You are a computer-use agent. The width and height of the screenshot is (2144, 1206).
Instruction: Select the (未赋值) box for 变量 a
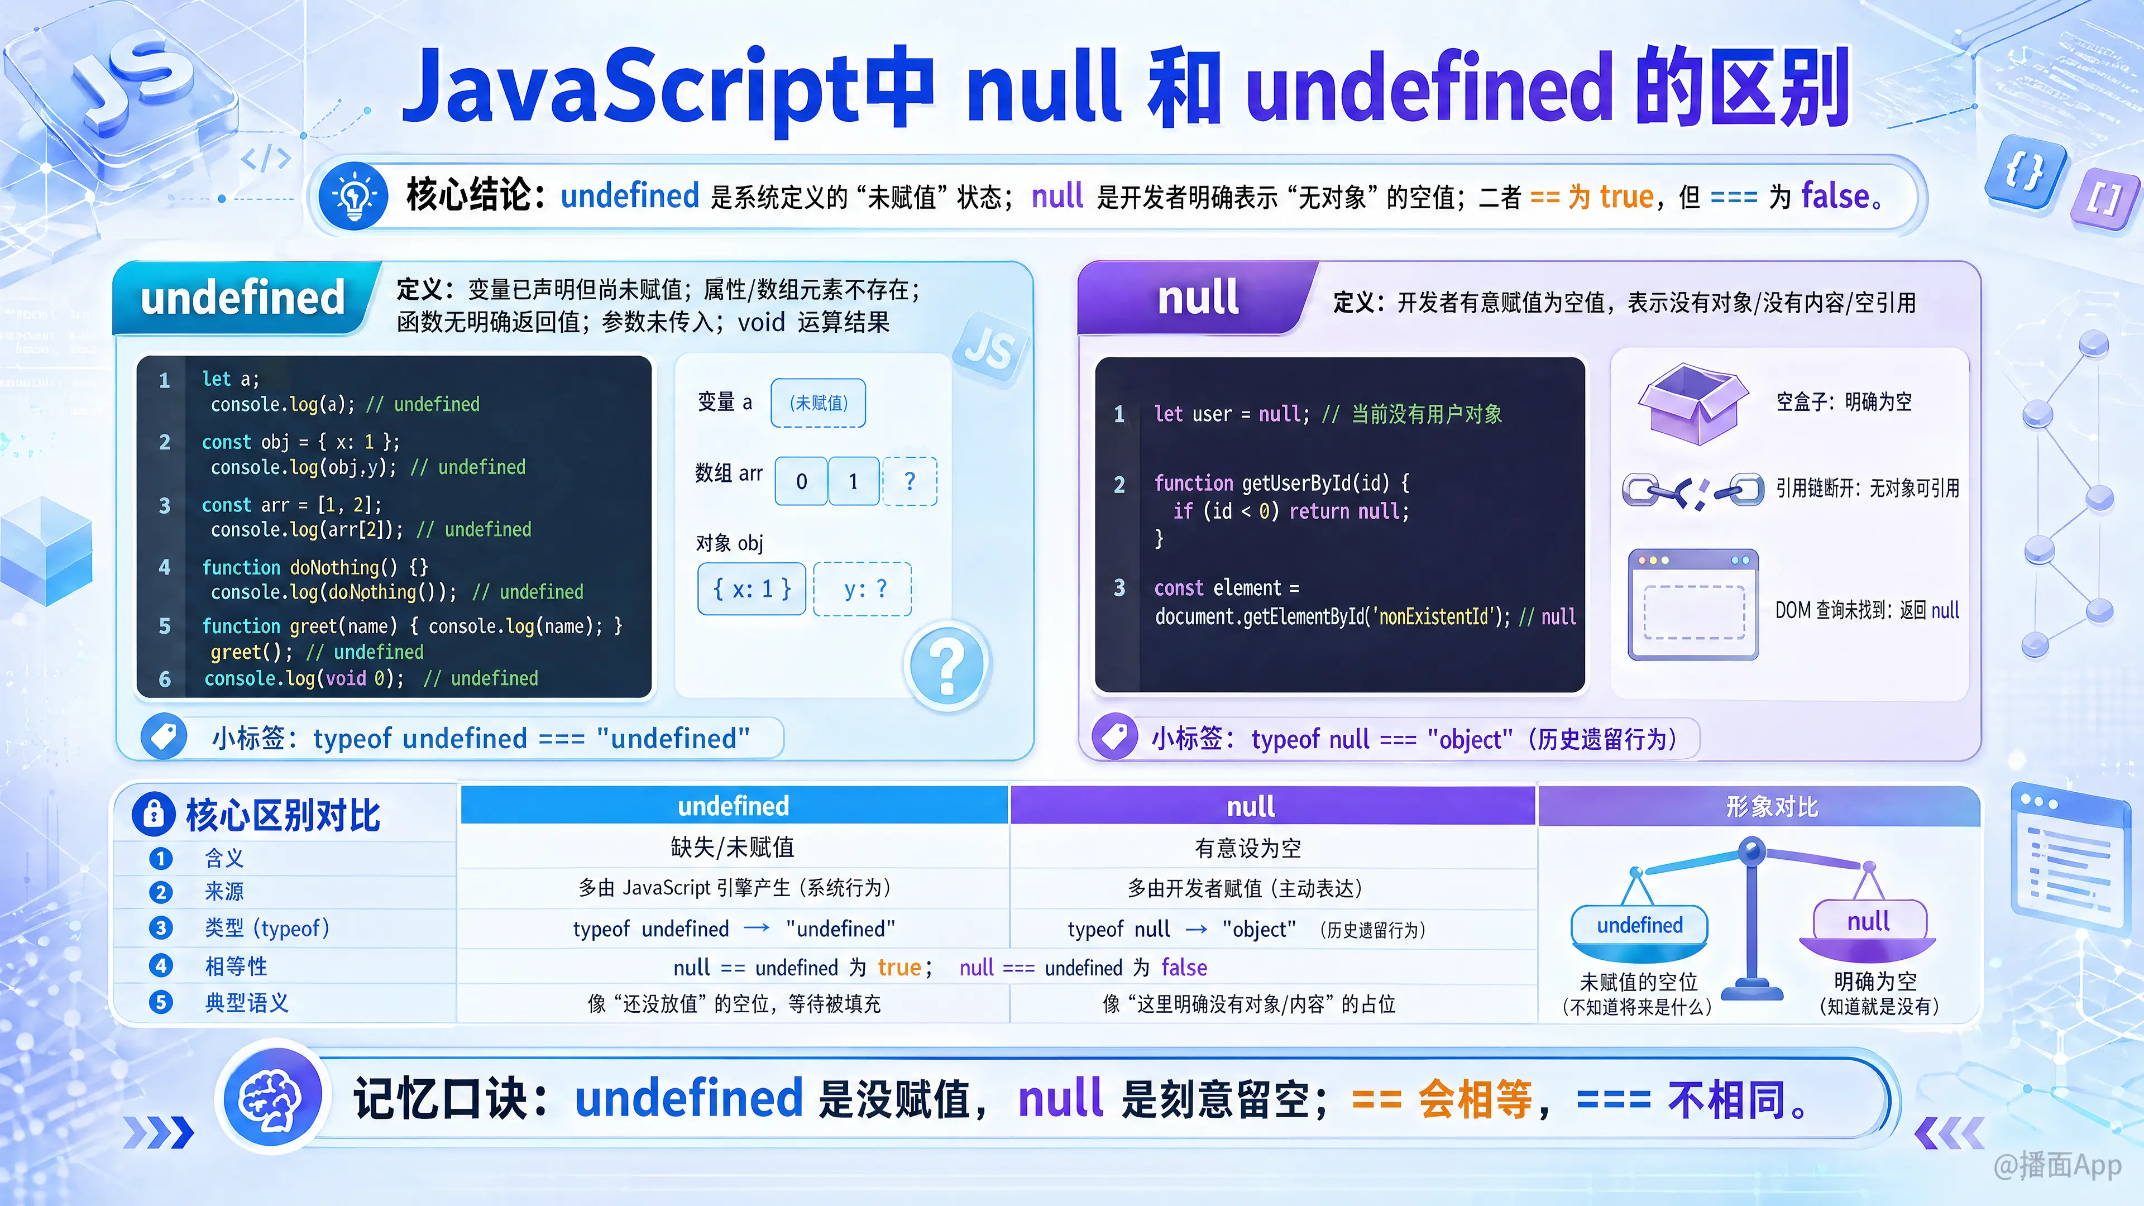click(x=818, y=403)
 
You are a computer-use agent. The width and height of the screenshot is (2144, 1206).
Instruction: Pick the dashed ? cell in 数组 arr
click(x=910, y=481)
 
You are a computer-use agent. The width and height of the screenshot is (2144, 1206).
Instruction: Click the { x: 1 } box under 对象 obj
click(x=752, y=589)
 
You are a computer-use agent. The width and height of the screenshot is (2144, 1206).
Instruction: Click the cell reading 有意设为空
click(x=1248, y=848)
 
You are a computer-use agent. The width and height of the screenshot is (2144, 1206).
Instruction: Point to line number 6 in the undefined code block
click(x=165, y=679)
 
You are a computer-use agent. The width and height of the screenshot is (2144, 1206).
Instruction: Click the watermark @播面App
click(x=2056, y=1165)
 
